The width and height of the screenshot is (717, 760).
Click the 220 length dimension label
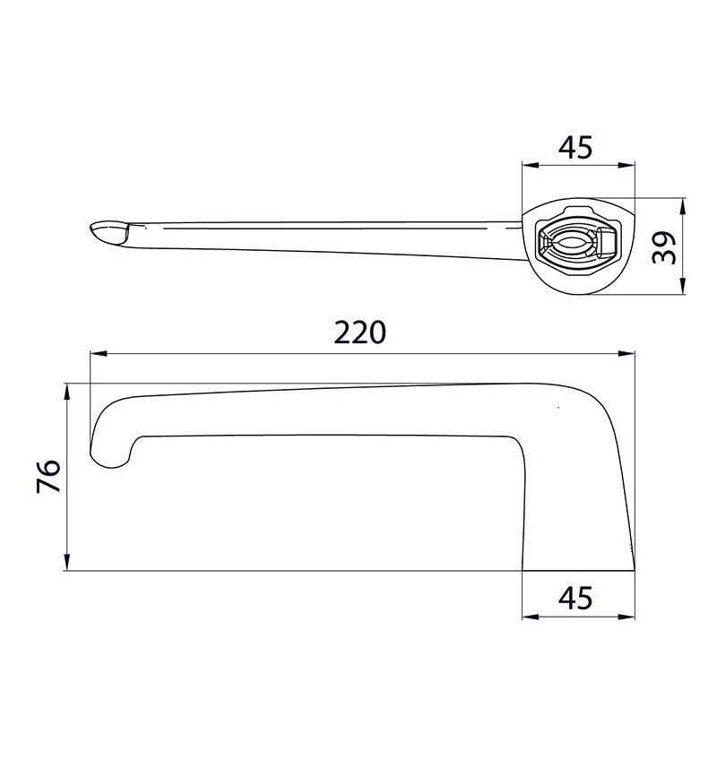[359, 332]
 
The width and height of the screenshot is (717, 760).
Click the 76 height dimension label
[48, 476]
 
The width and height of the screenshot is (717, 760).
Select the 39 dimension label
[663, 247]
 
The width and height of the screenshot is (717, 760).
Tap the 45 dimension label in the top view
[575, 147]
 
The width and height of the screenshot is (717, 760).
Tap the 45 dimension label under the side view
[575, 598]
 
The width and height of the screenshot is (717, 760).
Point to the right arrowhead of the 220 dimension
[626, 353]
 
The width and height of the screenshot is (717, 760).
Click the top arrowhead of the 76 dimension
[67, 392]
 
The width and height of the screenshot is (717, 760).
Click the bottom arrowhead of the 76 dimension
[67, 563]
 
